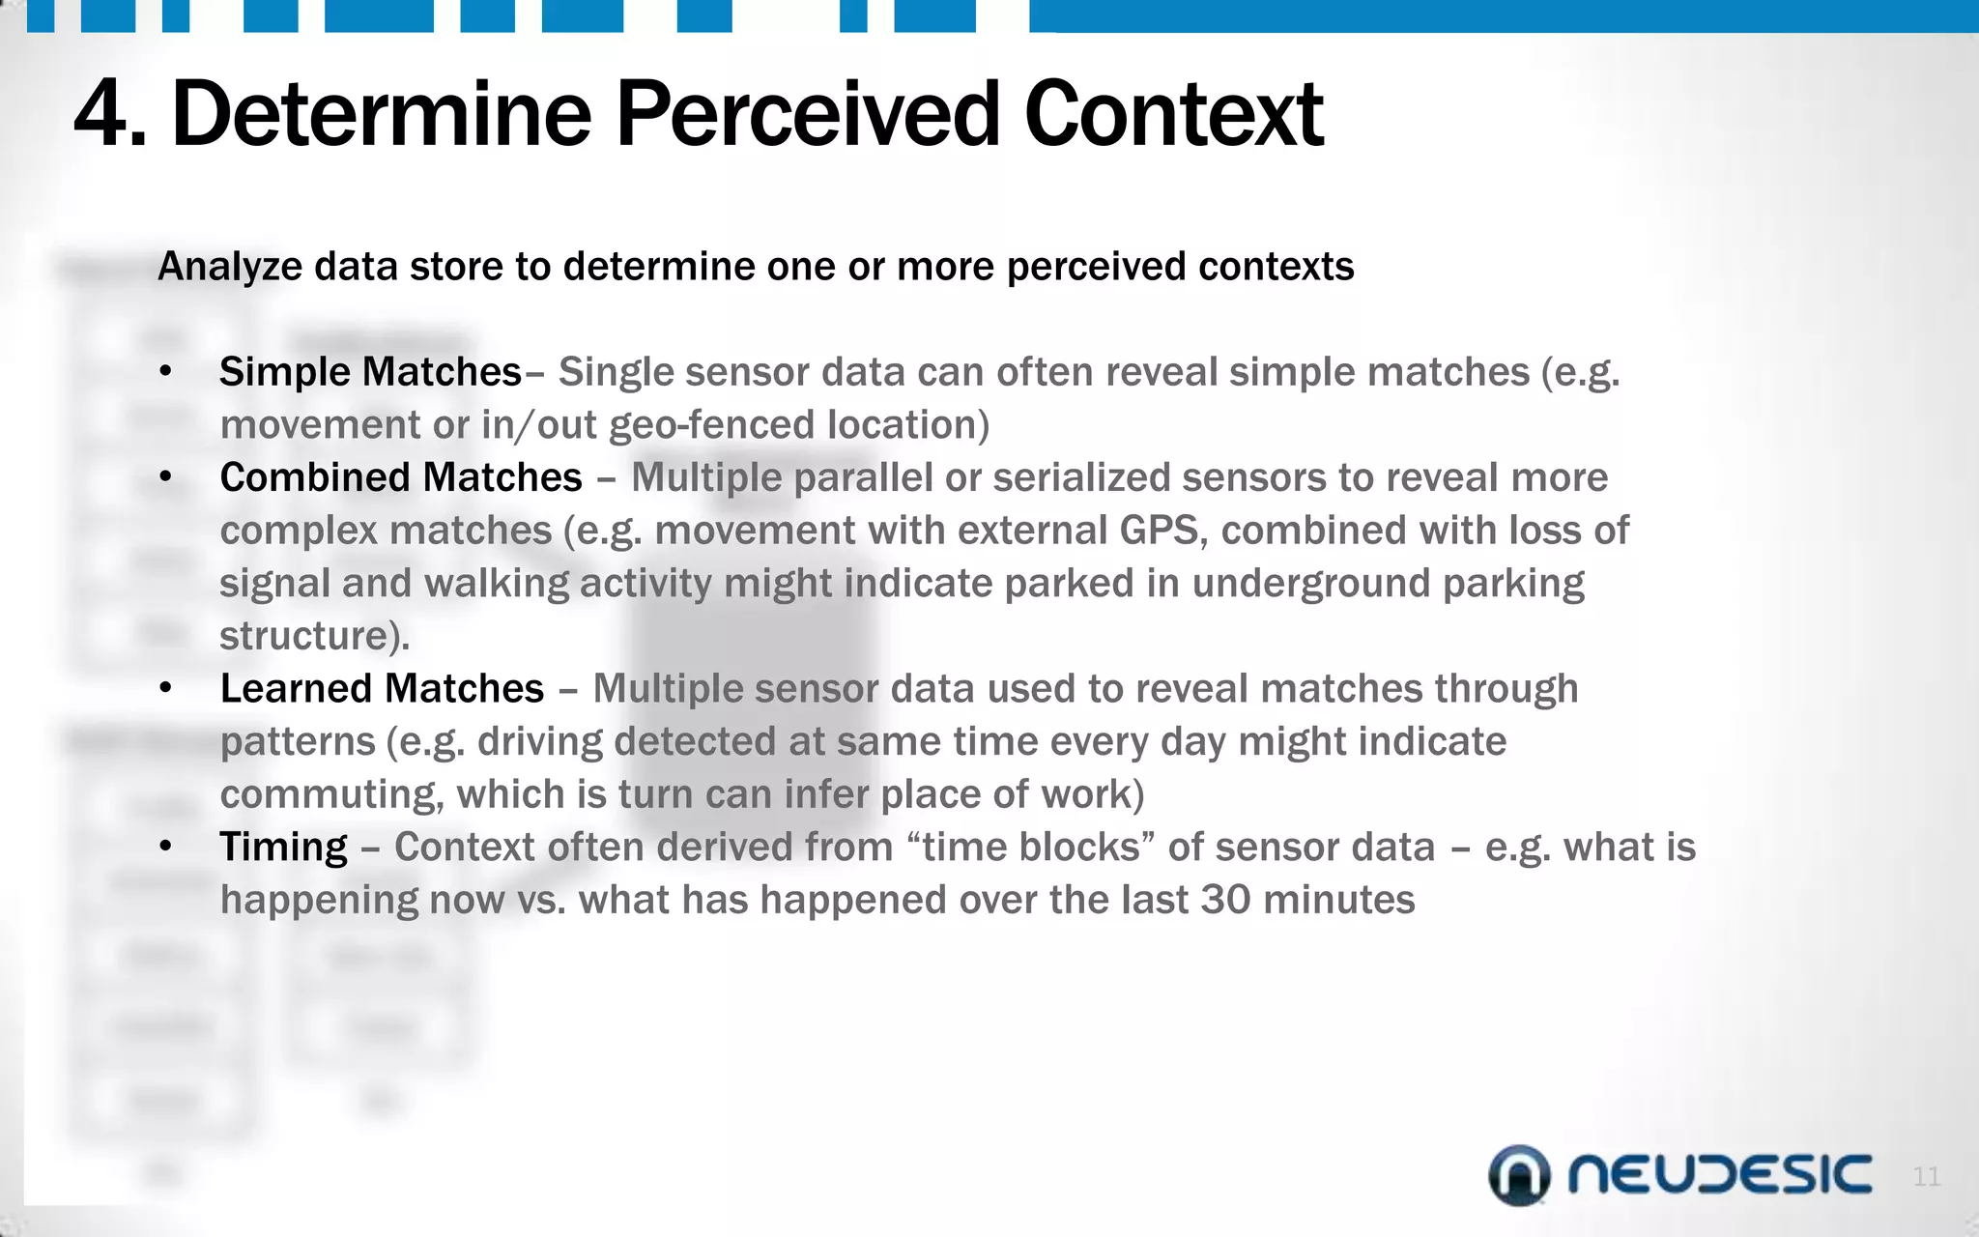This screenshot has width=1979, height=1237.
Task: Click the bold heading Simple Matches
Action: [x=370, y=372]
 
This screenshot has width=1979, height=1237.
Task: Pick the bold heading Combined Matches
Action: [x=401, y=477]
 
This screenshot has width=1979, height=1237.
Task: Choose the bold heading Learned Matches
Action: [x=382, y=689]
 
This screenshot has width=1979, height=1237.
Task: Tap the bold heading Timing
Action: [x=283, y=848]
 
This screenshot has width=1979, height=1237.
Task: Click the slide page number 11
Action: [x=1926, y=1176]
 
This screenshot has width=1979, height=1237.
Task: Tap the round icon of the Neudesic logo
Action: [x=1519, y=1175]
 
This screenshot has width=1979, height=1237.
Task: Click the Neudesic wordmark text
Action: [x=1719, y=1175]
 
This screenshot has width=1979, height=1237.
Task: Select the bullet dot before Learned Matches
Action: [x=166, y=689]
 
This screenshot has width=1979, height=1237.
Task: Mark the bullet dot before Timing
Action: [x=166, y=848]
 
